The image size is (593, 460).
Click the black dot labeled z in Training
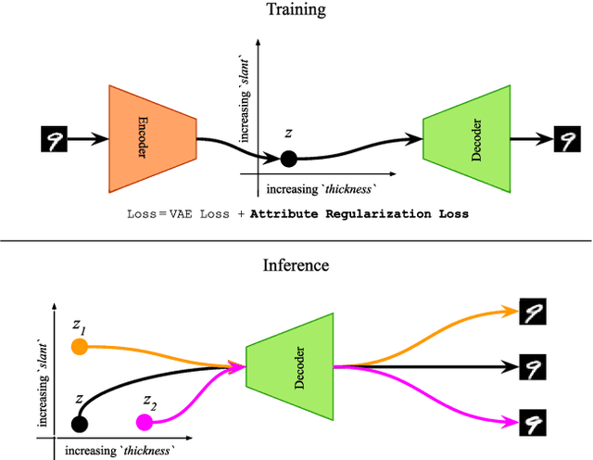[x=288, y=159]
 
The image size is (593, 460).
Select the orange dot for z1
[x=80, y=348]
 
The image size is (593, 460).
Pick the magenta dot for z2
[x=144, y=423]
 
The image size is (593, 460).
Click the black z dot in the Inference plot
[x=80, y=424]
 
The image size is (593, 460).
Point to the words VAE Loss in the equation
[x=208, y=213]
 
